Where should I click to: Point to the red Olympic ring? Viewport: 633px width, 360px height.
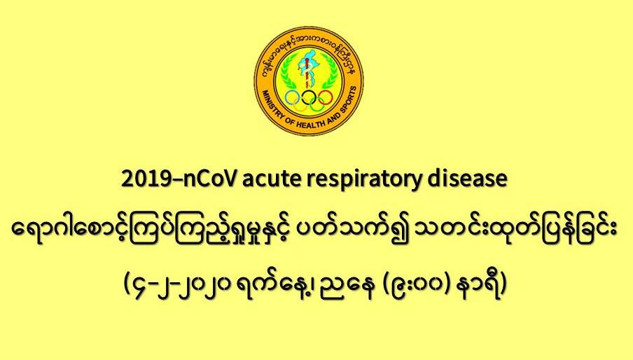325,97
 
